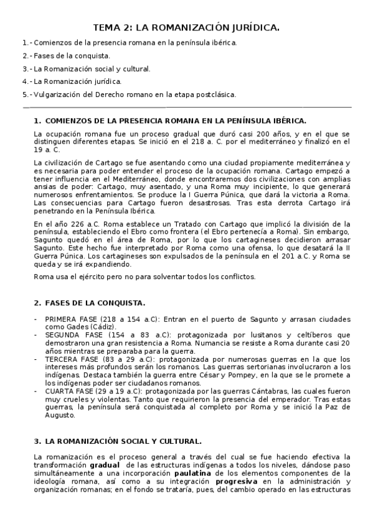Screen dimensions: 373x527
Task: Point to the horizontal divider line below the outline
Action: coord(186,107)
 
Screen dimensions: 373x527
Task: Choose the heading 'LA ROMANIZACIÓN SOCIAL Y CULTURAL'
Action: coord(123,441)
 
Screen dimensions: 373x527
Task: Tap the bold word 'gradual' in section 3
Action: coord(104,464)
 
